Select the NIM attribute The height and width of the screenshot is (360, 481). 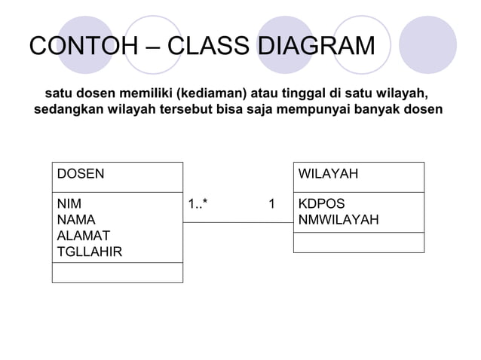coord(70,204)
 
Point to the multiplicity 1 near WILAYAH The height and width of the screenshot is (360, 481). coord(271,204)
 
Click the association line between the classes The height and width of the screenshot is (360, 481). coord(237,221)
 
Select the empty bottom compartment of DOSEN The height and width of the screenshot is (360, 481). coord(118,273)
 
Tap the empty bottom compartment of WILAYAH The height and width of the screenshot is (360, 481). coord(358,243)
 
